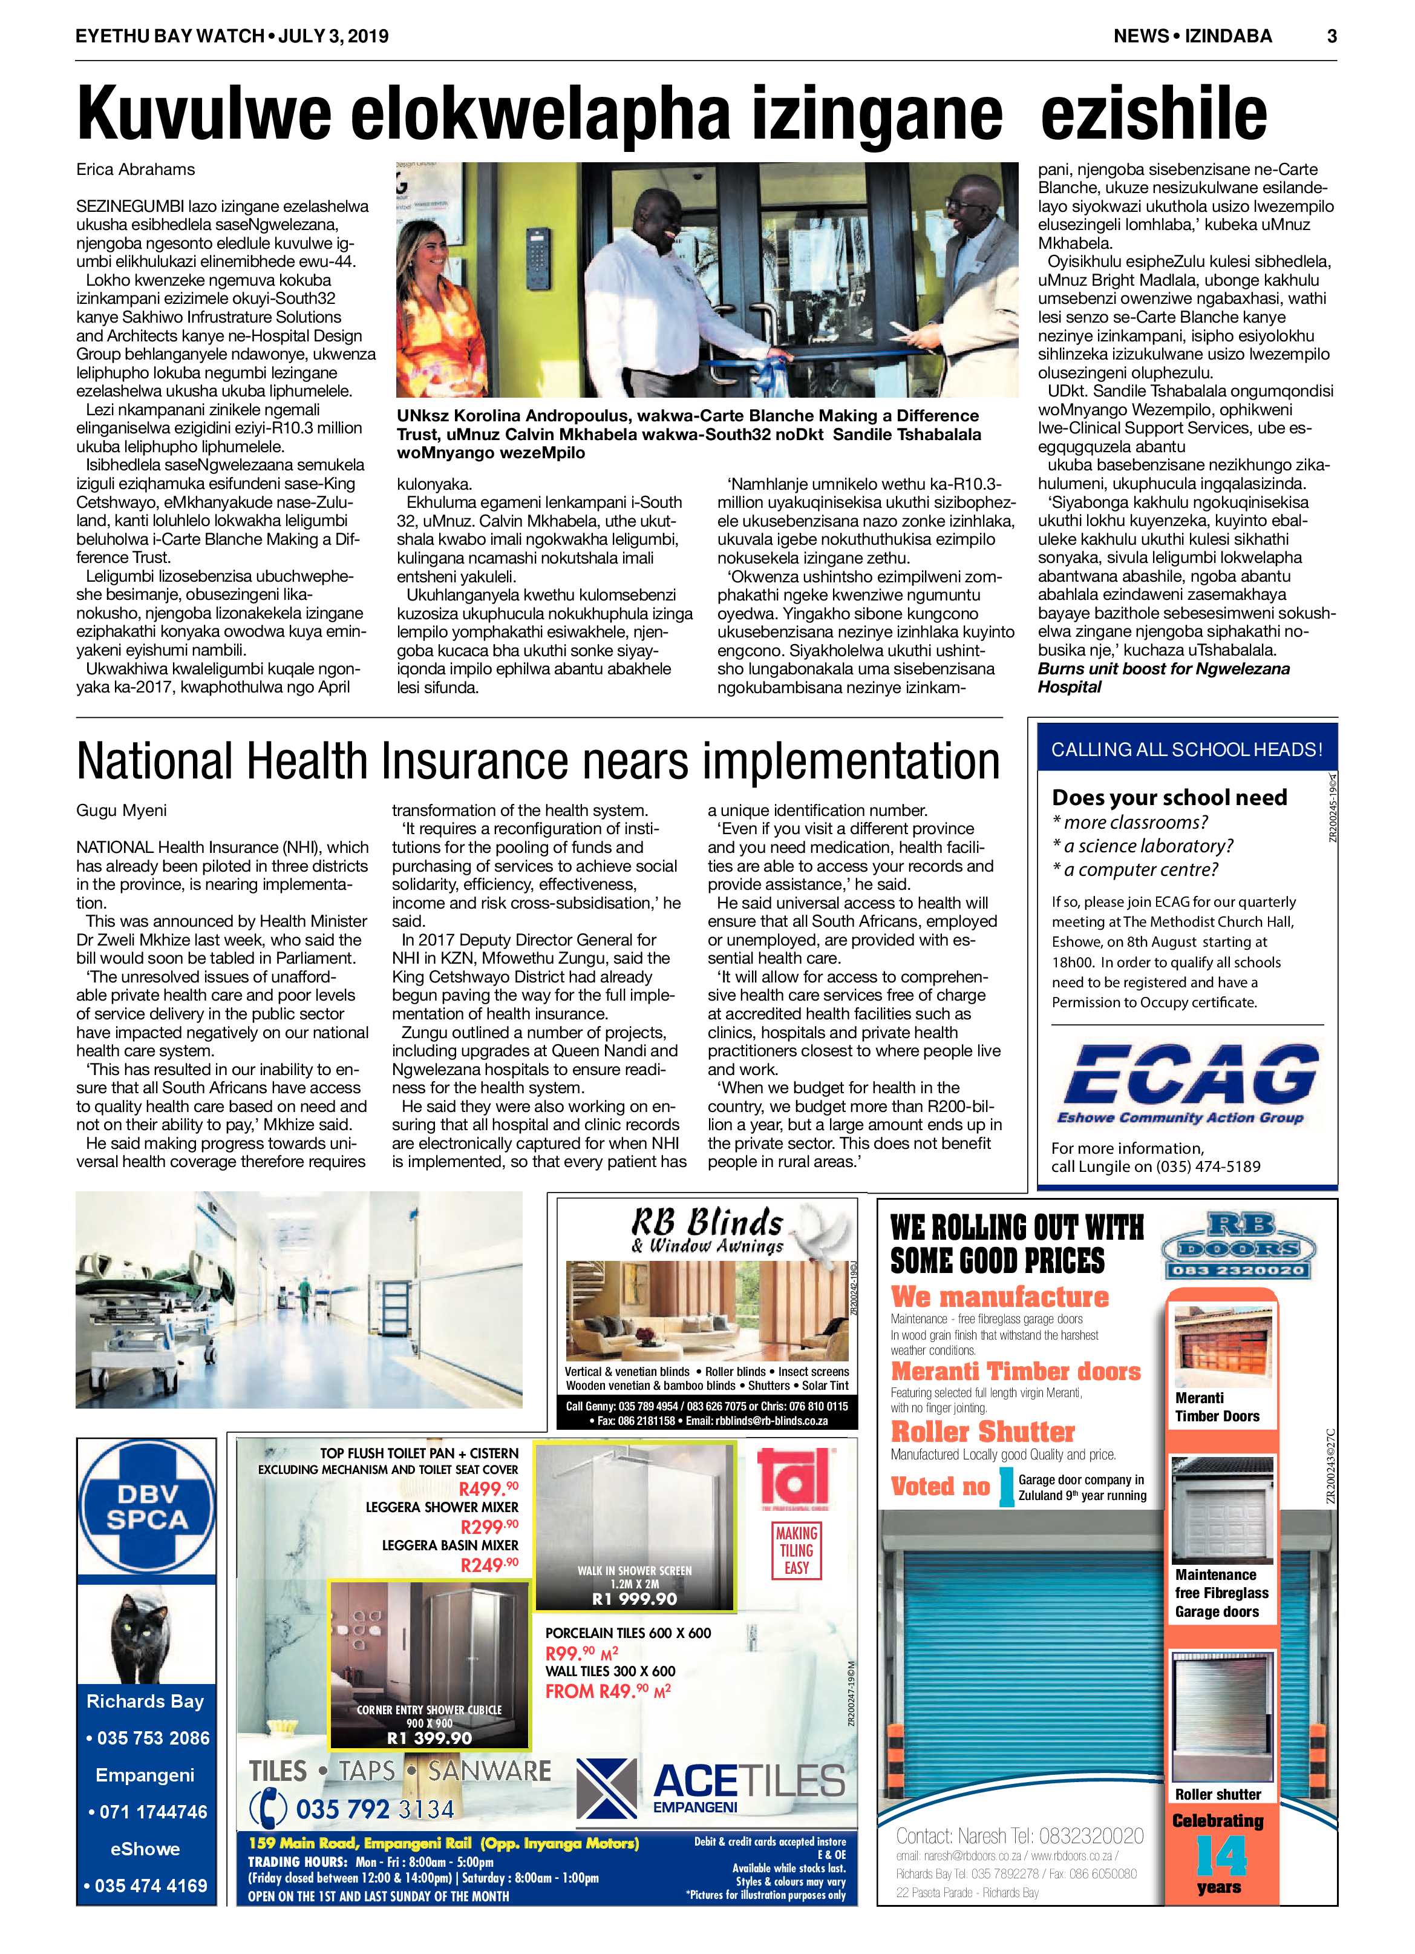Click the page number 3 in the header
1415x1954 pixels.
[1332, 36]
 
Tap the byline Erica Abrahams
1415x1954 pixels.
[136, 169]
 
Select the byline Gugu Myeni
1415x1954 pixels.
[122, 810]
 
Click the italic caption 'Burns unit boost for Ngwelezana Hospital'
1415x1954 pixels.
[1163, 678]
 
